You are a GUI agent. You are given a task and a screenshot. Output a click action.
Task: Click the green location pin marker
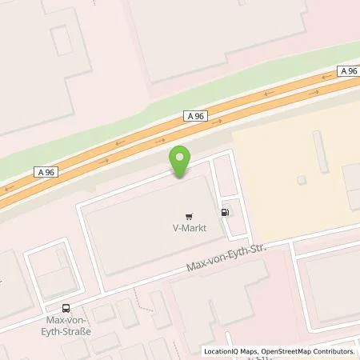click(181, 160)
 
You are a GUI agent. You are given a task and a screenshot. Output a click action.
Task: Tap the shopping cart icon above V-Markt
click(188, 214)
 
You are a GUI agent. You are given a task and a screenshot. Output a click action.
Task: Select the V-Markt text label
click(188, 227)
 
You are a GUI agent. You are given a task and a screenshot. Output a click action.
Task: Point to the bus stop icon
click(65, 308)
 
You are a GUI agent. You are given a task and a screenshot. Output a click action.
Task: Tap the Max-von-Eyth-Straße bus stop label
click(66, 326)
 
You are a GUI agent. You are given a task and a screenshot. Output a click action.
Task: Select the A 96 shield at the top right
click(347, 71)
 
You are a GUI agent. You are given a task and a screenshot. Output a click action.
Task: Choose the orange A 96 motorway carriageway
click(240, 112)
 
